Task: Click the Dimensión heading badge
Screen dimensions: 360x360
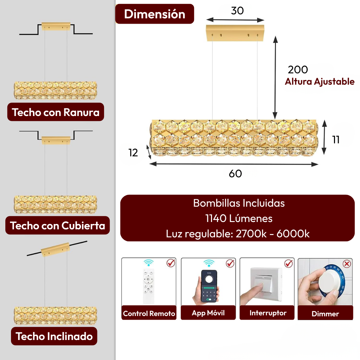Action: (x=155, y=14)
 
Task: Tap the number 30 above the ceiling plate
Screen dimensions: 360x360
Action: (x=237, y=11)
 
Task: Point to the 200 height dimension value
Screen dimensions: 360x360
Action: (x=298, y=70)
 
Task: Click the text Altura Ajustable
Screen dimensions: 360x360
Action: (x=320, y=82)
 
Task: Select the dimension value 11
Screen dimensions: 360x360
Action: (x=336, y=140)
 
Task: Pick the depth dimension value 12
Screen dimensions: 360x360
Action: (x=133, y=153)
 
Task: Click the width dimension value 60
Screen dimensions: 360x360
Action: (x=235, y=174)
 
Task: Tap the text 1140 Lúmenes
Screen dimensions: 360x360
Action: (x=239, y=218)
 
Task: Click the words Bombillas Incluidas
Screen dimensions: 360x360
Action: (x=239, y=203)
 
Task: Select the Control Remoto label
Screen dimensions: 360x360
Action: (x=149, y=313)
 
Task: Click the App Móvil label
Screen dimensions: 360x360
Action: (x=208, y=313)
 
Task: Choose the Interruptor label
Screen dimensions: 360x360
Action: (x=268, y=313)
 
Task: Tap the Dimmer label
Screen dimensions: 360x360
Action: (x=325, y=314)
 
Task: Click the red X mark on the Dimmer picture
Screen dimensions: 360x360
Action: (x=347, y=264)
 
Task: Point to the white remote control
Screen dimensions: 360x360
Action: (x=149, y=286)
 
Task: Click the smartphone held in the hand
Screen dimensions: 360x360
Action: (x=209, y=286)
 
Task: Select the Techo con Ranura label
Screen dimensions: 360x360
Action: (x=56, y=112)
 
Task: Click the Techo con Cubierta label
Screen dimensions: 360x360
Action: (x=57, y=225)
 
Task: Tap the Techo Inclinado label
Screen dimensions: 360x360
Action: (x=54, y=336)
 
